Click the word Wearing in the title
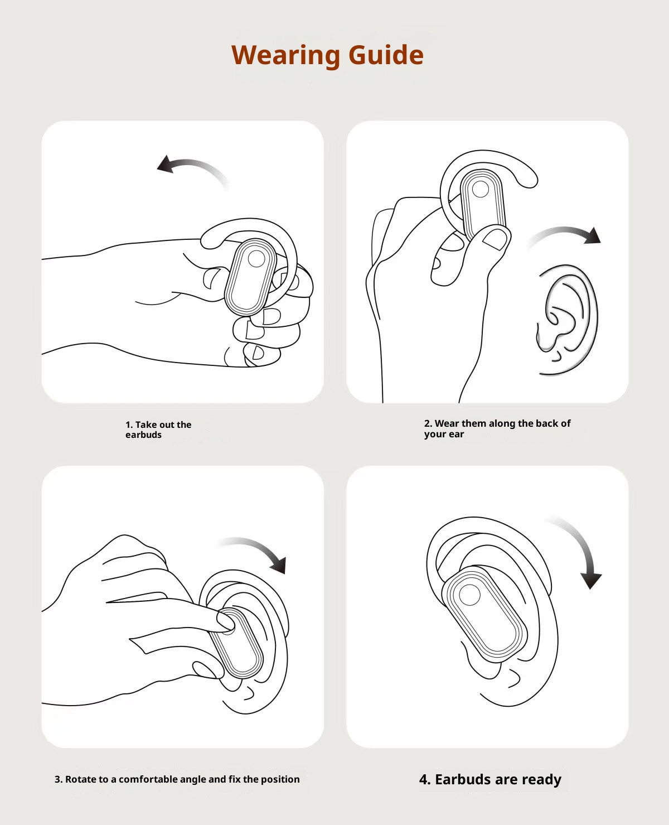(x=285, y=55)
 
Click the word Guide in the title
(x=386, y=55)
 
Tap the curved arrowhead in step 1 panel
(x=166, y=165)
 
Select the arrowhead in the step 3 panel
(x=279, y=565)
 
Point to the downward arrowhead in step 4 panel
(x=590, y=580)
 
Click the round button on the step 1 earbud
(x=256, y=259)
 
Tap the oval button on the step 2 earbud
(x=479, y=190)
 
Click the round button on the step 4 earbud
(x=470, y=596)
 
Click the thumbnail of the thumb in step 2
(x=495, y=239)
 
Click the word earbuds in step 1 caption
(x=143, y=435)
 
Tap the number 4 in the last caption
(x=424, y=779)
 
